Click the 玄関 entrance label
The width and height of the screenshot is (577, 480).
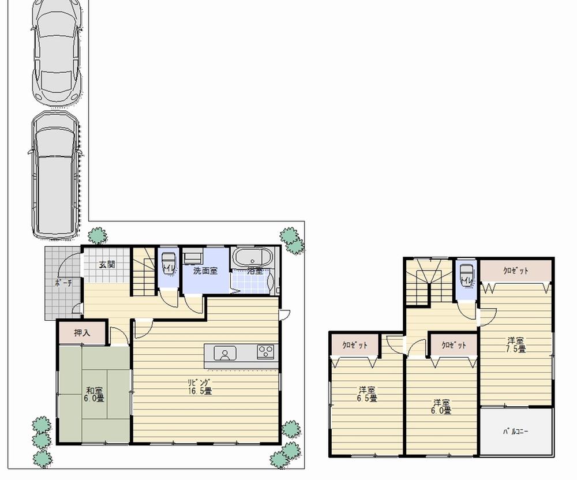tap(107, 265)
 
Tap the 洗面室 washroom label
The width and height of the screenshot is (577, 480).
tap(205, 270)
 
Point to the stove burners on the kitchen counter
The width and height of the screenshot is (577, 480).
tap(265, 351)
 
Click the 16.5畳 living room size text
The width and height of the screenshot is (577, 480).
tap(199, 391)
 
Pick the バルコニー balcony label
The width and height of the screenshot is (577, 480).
tap(516, 431)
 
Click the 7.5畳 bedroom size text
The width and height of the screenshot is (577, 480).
tap(515, 349)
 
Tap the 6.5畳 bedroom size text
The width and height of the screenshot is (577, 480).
tap(366, 398)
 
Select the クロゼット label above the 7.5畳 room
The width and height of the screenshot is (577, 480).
tap(515, 271)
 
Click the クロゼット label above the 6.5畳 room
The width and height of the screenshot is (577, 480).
tap(355, 346)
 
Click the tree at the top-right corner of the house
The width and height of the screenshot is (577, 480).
tap(292, 241)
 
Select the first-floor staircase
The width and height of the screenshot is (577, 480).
tap(145, 271)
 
